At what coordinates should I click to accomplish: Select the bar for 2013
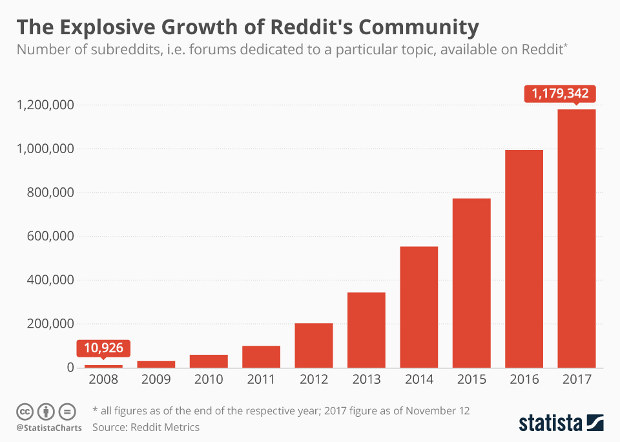pyautogui.click(x=366, y=330)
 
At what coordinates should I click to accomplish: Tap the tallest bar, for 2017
pyautogui.click(x=577, y=238)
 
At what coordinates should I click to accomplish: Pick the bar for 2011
pyautogui.click(x=261, y=357)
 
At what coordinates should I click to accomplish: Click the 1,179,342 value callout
pyautogui.click(x=560, y=94)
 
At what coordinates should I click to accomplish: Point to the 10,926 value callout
pyautogui.click(x=104, y=349)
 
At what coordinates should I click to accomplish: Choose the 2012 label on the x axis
pyautogui.click(x=313, y=380)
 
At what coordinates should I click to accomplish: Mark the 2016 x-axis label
pyautogui.click(x=524, y=380)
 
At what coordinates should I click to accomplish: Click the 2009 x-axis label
pyautogui.click(x=156, y=380)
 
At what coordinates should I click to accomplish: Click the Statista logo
pyautogui.click(x=561, y=423)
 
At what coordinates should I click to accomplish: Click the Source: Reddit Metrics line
pyautogui.click(x=146, y=427)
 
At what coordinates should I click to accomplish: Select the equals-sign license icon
pyautogui.click(x=67, y=411)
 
